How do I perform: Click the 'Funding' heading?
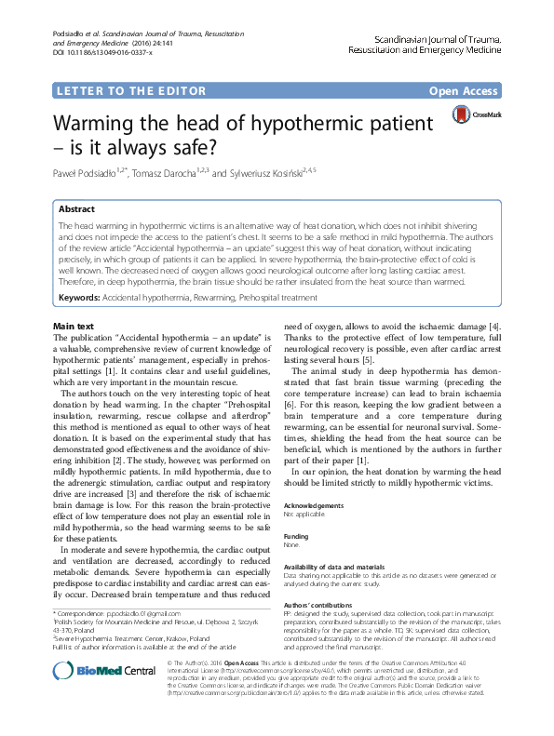pyautogui.click(x=296, y=536)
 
